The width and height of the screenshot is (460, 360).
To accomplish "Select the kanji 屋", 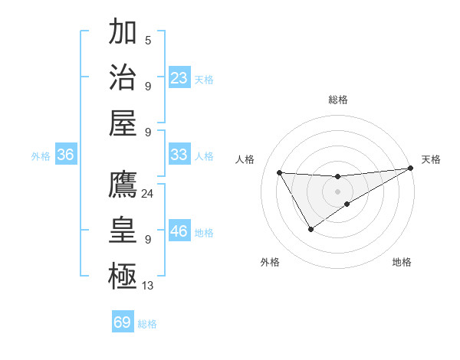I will pos(123,123).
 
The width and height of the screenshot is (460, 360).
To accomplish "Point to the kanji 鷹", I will pos(123,185).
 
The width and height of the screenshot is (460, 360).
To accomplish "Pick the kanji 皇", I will pos(123,231).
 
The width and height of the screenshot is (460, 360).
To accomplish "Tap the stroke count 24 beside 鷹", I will pos(147,194).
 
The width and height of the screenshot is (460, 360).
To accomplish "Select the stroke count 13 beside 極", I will pos(147,286).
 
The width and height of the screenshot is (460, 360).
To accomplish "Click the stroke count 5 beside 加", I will pos(147,41).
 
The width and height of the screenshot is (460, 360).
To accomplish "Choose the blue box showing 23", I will pos(179,78).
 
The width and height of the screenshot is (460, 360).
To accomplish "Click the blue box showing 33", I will pos(179,155).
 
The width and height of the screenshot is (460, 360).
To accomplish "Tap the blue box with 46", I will pos(179,231).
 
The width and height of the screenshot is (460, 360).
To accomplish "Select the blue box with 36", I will pos(65,155).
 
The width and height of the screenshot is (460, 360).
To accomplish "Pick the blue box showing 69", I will pos(123,322).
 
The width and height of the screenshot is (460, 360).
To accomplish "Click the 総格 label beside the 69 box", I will pos(147,324).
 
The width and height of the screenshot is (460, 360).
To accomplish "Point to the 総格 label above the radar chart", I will pos(337,100).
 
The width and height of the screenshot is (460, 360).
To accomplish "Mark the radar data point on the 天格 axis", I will pos(411,169).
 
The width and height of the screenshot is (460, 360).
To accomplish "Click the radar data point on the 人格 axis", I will pos(279,172).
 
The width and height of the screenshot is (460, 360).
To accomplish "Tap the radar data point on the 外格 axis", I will pos(310,229).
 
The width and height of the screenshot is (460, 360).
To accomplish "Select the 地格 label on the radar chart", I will pos(402,262).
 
